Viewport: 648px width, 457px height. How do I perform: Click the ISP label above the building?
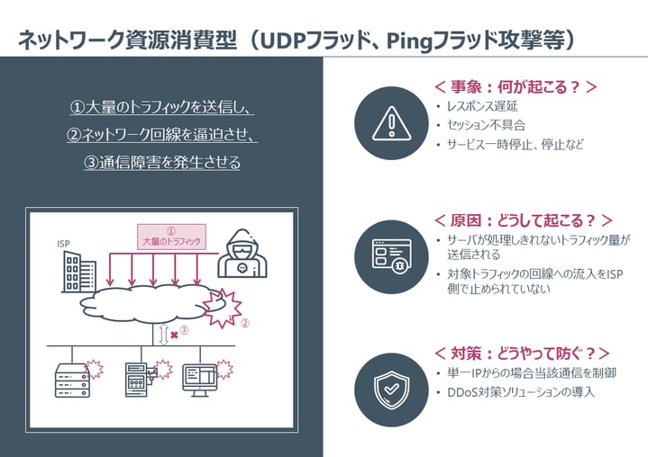(x=63, y=244)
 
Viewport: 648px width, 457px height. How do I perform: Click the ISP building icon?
(x=78, y=273)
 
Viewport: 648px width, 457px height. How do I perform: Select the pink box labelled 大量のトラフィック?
(x=171, y=237)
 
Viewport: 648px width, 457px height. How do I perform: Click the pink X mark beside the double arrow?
(x=174, y=334)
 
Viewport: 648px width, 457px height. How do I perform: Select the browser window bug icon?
(x=390, y=255)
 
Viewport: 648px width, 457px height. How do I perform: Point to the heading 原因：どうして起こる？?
(x=523, y=220)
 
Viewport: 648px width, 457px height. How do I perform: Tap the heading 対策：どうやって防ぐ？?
(x=521, y=353)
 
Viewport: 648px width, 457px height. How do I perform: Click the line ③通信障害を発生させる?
(x=162, y=163)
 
